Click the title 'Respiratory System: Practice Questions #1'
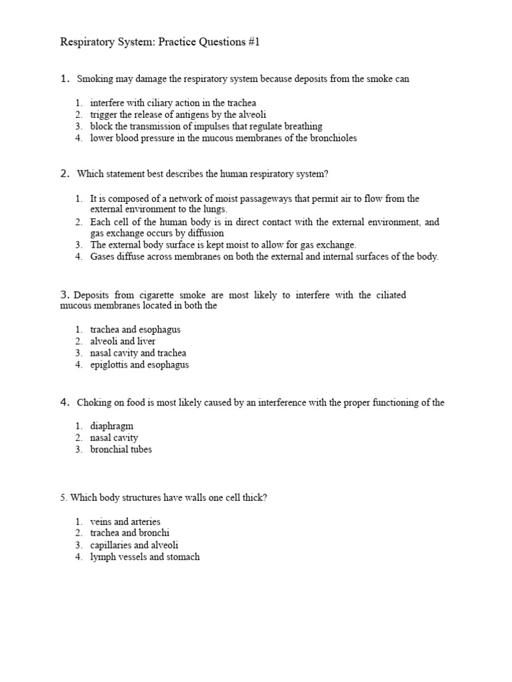[159, 43]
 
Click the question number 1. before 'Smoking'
[65, 79]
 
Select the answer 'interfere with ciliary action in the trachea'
[173, 103]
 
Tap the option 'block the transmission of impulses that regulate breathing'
[206, 127]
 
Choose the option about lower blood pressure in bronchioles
[223, 139]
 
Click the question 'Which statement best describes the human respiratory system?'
[203, 174]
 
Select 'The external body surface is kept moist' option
[223, 245]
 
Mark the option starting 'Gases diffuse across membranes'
[264, 257]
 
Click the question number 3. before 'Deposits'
[65, 295]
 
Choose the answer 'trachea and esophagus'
[135, 330]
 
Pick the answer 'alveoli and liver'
[123, 342]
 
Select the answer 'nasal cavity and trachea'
[138, 354]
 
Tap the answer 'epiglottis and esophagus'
[139, 366]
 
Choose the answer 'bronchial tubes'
[121, 450]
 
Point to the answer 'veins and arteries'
[125, 521]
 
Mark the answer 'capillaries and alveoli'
[134, 545]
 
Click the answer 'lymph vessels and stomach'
[145, 557]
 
